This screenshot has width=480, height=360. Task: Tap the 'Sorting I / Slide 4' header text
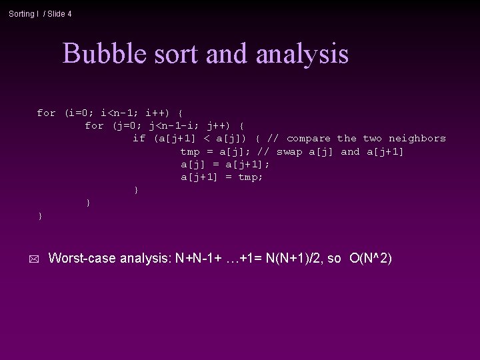[x=40, y=13]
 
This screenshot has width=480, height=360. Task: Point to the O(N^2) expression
[x=371, y=257]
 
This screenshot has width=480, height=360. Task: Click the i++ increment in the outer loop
[x=157, y=113]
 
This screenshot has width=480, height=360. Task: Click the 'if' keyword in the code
[x=139, y=138]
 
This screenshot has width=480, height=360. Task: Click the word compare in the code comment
[x=308, y=138]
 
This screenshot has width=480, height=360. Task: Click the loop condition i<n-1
[x=119, y=113]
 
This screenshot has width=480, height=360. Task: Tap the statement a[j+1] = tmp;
[x=221, y=177]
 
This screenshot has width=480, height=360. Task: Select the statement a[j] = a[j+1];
[x=225, y=164]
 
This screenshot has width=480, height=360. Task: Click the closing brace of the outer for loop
[x=41, y=215]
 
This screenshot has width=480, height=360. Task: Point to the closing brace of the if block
[x=136, y=190]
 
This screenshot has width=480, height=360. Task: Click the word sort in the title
[x=180, y=53]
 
